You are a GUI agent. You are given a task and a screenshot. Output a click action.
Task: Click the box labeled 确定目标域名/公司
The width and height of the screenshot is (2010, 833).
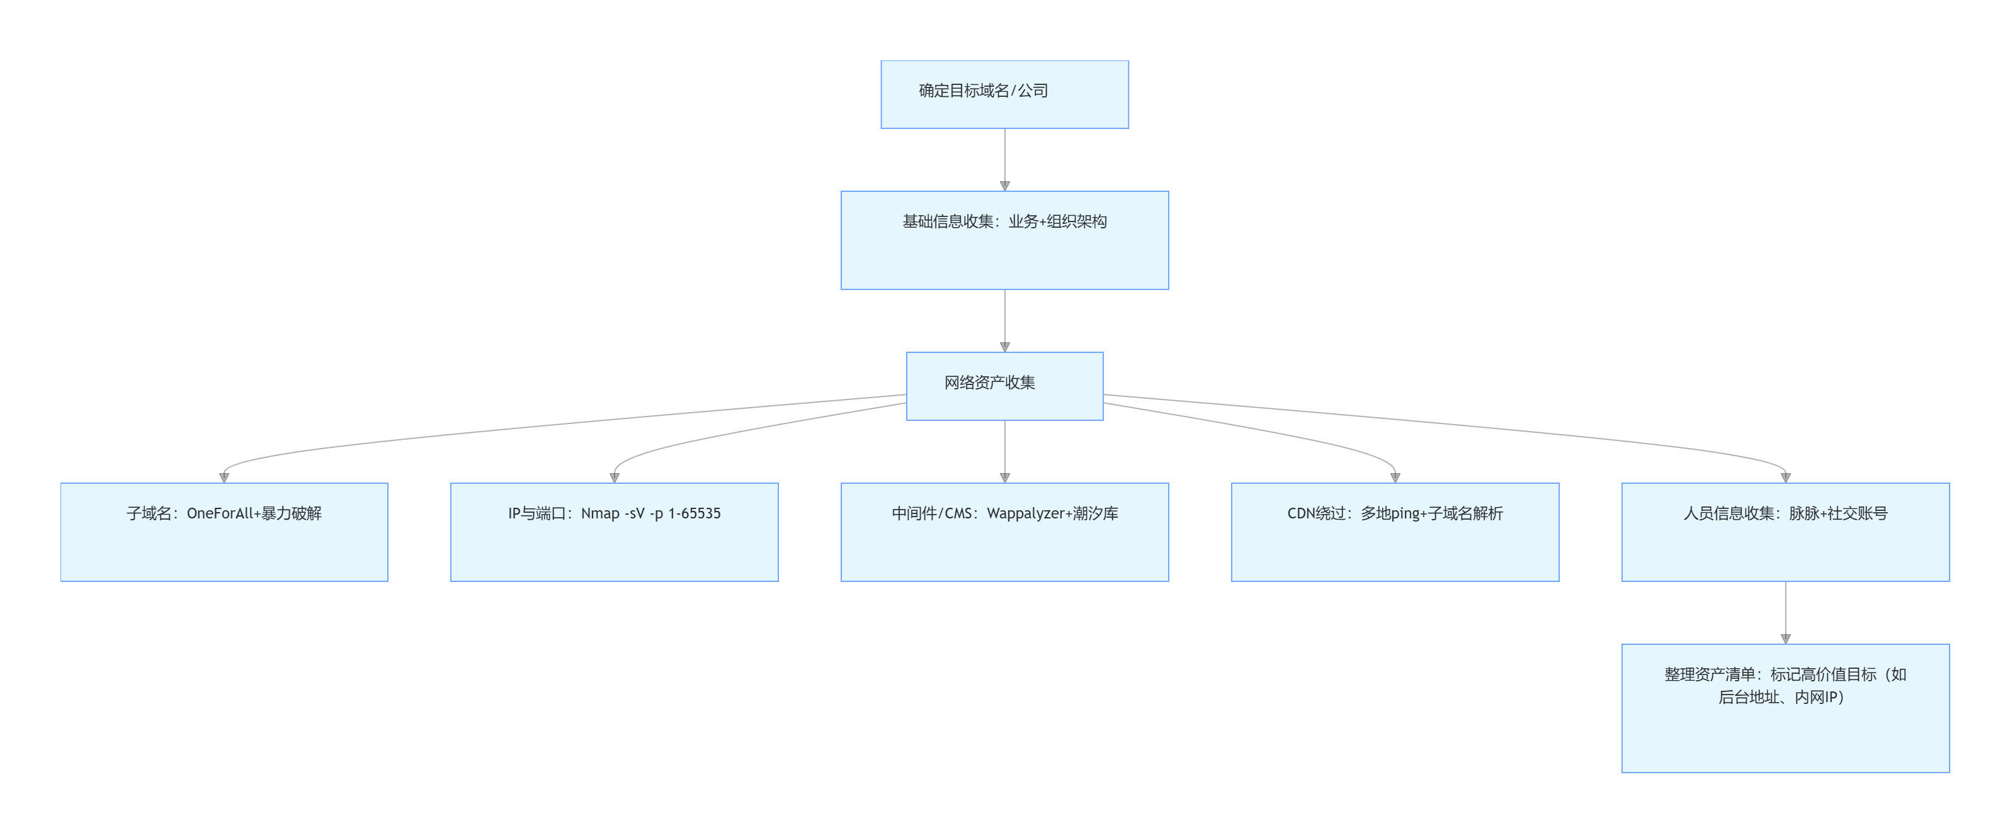(1004, 94)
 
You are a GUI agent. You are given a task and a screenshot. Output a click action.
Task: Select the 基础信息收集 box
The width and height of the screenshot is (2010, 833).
(1004, 240)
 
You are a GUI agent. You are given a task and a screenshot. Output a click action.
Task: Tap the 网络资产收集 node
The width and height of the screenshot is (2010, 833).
(1004, 386)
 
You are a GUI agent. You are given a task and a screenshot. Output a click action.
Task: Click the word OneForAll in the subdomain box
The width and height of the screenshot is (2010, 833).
(219, 513)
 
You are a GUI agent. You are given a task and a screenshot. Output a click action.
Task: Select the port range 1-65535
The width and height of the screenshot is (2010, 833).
(694, 513)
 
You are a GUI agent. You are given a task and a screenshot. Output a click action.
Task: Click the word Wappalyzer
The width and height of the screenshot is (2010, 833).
(1025, 513)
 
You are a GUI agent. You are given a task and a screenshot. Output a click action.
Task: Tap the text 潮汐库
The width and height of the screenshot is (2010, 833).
(1096, 513)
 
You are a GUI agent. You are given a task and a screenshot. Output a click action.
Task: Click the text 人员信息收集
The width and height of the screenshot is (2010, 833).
(1729, 513)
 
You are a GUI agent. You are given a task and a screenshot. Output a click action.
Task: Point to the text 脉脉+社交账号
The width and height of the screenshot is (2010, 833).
(1837, 513)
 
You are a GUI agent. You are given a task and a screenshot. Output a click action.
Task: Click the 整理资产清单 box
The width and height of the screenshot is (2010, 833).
(1785, 708)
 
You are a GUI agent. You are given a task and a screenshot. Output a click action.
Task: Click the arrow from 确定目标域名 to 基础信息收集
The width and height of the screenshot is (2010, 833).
(1005, 160)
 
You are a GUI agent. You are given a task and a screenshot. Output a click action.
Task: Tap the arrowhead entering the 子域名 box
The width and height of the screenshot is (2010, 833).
(224, 478)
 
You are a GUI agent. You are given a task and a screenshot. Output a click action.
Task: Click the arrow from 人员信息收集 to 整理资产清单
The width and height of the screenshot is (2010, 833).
(1785, 612)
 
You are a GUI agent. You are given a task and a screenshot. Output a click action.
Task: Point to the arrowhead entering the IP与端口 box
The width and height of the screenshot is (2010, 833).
(614, 478)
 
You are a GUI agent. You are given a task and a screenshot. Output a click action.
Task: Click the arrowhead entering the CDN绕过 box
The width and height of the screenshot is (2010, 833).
(1395, 478)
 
